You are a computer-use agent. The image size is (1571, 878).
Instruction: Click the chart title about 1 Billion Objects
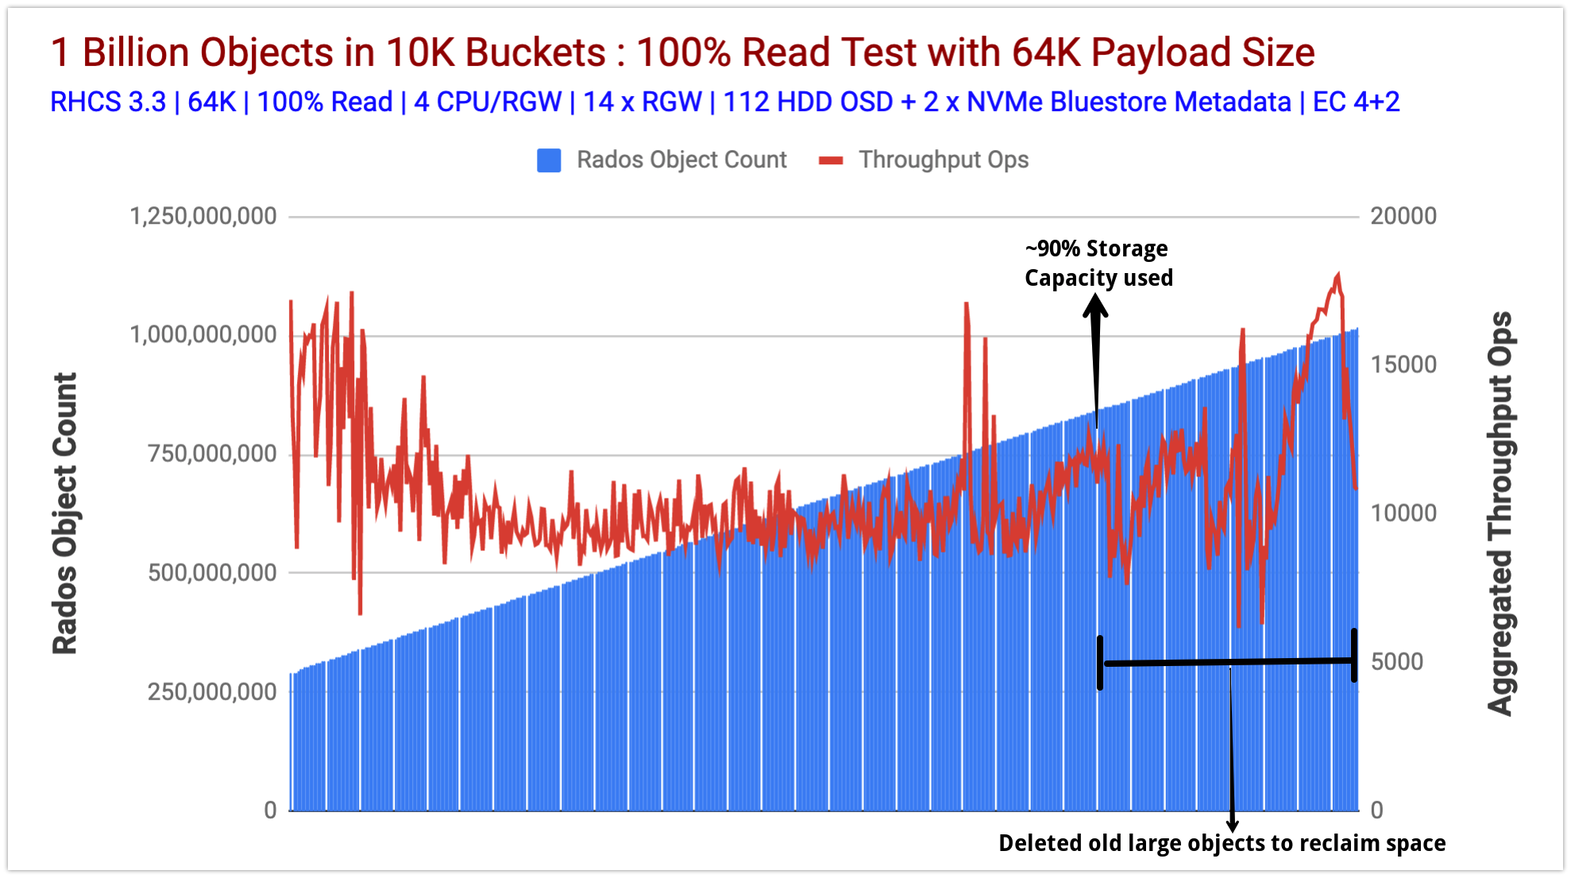(x=682, y=53)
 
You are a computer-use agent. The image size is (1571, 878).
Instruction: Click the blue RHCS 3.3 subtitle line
(x=724, y=102)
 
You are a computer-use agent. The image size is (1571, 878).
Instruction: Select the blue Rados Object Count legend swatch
(x=549, y=160)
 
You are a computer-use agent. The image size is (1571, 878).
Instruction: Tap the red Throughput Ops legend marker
(x=831, y=160)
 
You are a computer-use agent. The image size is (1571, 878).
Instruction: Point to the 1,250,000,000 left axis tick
(x=203, y=216)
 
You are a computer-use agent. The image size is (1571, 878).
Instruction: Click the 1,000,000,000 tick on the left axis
(x=203, y=335)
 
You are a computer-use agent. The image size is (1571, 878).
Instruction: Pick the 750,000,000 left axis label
(x=212, y=454)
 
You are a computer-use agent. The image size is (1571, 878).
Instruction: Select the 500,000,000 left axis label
(x=212, y=572)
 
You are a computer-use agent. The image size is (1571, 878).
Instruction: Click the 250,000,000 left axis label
(x=212, y=691)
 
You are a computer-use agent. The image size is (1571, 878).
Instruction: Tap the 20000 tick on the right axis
(x=1403, y=216)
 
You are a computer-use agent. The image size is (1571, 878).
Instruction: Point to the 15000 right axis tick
(x=1403, y=364)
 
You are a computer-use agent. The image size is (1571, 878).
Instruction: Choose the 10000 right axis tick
(x=1403, y=513)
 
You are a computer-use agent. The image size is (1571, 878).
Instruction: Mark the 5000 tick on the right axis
(x=1397, y=661)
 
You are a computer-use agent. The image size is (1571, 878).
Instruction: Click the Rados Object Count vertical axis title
(x=65, y=514)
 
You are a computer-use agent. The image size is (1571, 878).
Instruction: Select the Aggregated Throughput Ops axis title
(x=1500, y=514)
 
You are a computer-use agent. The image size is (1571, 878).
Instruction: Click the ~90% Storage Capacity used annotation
(x=1098, y=264)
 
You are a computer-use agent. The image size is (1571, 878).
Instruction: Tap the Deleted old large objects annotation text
(x=1222, y=843)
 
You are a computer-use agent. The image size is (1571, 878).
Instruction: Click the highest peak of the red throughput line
(x=1338, y=275)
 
